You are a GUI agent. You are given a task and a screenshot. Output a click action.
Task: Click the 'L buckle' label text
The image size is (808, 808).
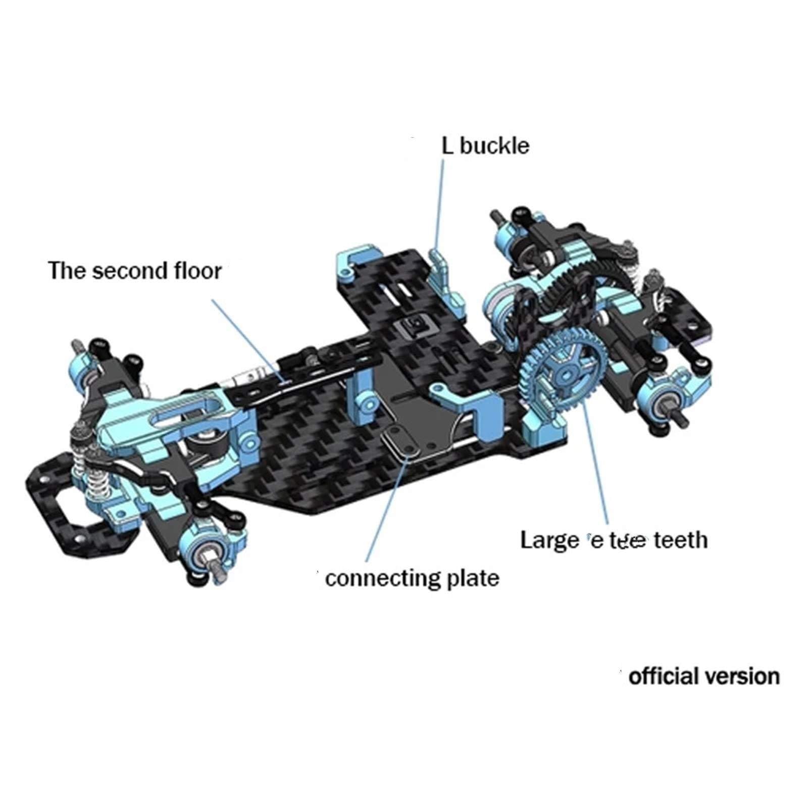point(485,146)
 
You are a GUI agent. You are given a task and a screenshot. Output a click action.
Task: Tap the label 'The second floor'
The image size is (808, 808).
point(135,271)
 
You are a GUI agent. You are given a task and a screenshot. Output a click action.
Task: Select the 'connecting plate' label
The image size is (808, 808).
point(412,578)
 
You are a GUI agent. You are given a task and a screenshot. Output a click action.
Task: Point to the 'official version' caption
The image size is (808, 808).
point(704,676)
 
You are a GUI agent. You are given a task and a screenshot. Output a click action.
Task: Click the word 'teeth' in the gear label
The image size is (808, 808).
point(681,540)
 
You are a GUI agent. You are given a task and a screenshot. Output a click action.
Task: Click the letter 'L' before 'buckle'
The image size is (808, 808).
point(447,146)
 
